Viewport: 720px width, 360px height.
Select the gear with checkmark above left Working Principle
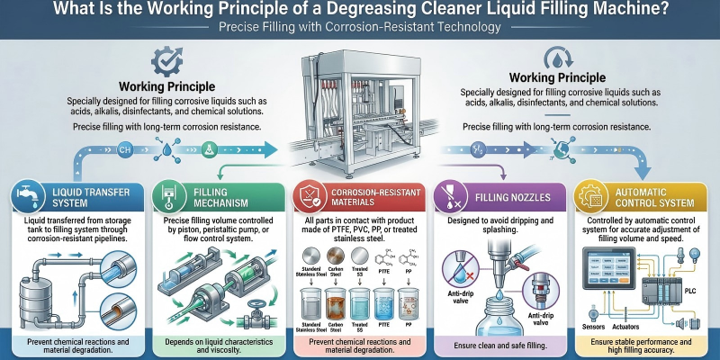click(x=166, y=62)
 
